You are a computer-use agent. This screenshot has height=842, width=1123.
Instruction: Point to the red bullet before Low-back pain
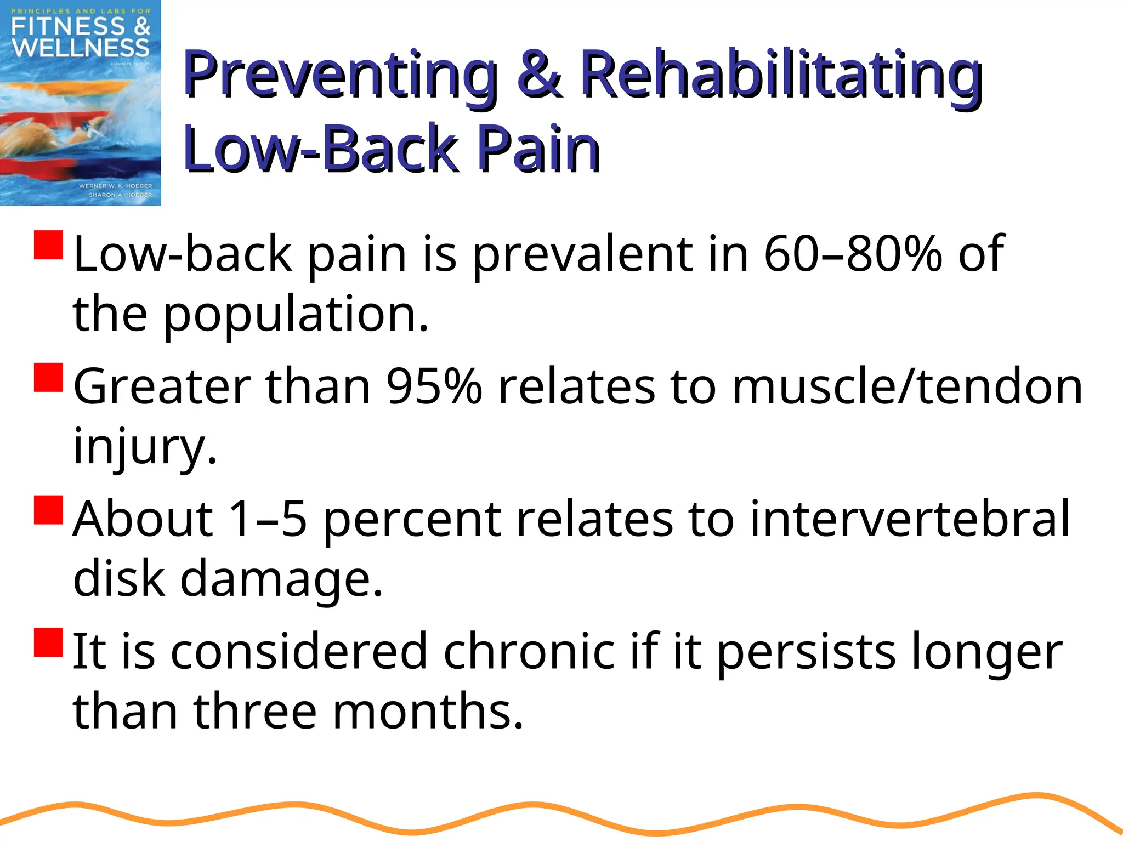(49, 244)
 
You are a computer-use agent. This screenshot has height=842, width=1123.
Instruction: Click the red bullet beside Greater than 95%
(49, 377)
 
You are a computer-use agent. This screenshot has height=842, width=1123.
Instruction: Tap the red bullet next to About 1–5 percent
(49, 510)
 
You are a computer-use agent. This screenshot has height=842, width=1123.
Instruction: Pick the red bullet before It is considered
(49, 642)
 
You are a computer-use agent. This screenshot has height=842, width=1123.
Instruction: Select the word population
(296, 316)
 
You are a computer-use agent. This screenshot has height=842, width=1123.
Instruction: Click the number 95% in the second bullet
(434, 386)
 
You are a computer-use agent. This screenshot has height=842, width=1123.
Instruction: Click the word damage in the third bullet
(281, 580)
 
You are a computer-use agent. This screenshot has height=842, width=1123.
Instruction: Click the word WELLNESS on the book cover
(81, 48)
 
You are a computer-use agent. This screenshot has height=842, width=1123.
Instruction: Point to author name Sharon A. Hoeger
(121, 195)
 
